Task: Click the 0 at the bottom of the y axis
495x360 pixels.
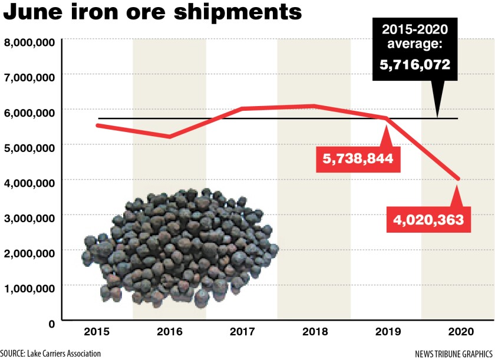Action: click(51, 323)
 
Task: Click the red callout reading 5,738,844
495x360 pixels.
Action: click(354, 158)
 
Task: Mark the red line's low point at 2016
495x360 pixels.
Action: click(170, 137)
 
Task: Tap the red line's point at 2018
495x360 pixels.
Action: click(314, 106)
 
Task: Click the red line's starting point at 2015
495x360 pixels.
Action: click(97, 125)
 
